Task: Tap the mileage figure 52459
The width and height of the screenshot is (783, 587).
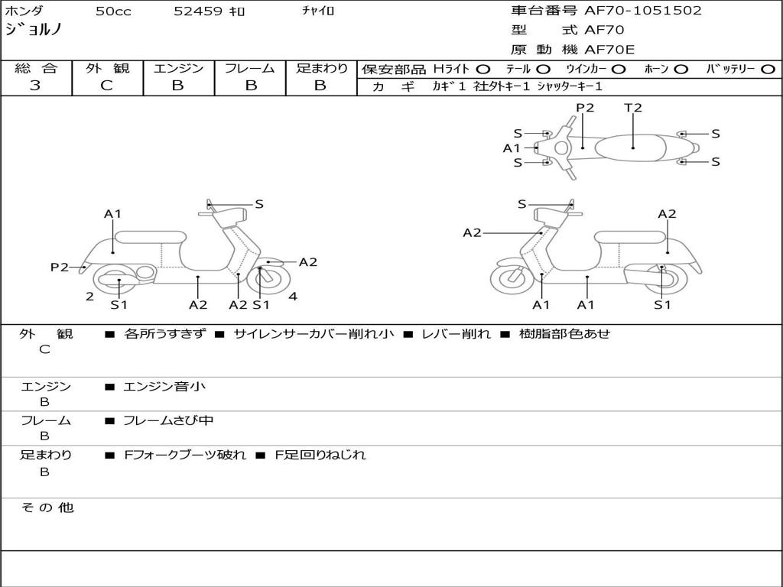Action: click(x=198, y=11)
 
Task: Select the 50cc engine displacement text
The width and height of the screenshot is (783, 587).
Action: click(x=112, y=11)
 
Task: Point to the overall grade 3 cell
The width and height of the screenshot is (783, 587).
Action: click(x=35, y=86)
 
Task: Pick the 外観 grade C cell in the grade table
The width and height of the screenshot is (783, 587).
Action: click(x=107, y=86)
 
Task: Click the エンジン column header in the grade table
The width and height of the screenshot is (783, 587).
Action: click(x=178, y=69)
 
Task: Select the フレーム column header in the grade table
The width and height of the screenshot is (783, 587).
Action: click(x=249, y=69)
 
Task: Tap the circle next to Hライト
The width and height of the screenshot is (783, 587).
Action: click(x=483, y=69)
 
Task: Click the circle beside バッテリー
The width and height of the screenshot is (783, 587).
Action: click(x=768, y=69)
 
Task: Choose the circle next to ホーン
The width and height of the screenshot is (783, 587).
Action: click(x=681, y=69)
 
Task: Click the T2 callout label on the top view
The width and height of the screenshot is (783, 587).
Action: click(x=633, y=108)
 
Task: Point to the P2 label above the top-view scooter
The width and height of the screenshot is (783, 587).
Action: click(x=585, y=108)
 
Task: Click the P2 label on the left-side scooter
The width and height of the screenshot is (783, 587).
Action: click(x=60, y=267)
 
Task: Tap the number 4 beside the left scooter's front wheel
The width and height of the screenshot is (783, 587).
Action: click(x=293, y=297)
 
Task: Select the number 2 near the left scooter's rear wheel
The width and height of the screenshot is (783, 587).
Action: click(x=89, y=297)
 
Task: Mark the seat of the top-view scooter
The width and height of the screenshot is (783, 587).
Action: click(x=633, y=145)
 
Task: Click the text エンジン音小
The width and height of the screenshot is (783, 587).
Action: click(x=164, y=387)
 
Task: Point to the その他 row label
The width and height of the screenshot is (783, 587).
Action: click(x=47, y=508)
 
